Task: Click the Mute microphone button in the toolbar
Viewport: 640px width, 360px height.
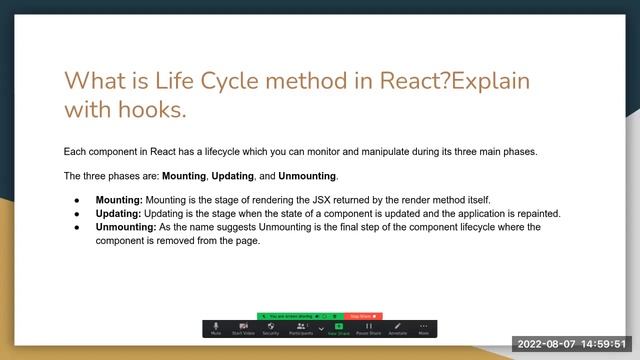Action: tap(216, 327)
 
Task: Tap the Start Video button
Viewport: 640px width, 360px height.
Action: tap(243, 327)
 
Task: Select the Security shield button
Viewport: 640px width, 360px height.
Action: tap(270, 327)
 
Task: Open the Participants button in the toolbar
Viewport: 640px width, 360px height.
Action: tap(300, 327)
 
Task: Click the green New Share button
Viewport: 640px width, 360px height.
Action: tap(339, 327)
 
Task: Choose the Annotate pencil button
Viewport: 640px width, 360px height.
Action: tap(397, 327)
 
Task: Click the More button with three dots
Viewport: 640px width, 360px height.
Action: tap(424, 327)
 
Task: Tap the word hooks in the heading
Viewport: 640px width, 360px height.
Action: tap(151, 109)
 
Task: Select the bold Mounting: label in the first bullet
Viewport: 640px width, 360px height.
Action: tap(119, 200)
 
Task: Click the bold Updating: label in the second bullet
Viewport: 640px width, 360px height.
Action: tap(119, 213)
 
